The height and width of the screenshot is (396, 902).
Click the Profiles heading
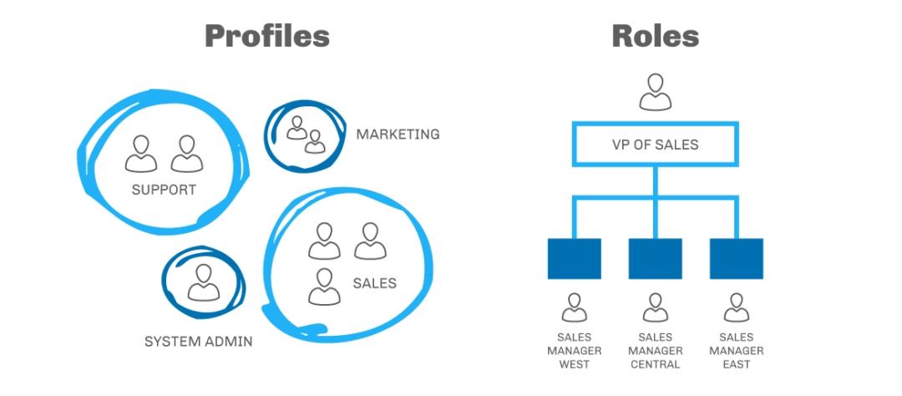point(267,36)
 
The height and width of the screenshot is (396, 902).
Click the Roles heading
point(655,36)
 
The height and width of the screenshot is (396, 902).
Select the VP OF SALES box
point(656,145)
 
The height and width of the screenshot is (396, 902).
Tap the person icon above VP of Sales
point(656,92)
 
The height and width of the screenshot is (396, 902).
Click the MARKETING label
point(398,134)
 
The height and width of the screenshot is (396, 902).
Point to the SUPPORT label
point(164,190)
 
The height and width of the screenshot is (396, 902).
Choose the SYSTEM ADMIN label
point(199,341)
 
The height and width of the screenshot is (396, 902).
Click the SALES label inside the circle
point(374,283)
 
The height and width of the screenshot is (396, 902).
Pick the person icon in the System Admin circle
point(203,282)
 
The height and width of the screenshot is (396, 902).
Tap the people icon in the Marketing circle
point(305,135)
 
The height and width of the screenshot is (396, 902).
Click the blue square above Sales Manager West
point(574,258)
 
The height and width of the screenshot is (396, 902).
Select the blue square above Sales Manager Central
point(655,258)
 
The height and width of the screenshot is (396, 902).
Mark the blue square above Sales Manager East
point(736,258)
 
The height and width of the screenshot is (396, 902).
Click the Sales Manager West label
point(574,351)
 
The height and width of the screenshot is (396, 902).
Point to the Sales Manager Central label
point(655,351)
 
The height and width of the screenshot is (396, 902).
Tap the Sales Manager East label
point(736,351)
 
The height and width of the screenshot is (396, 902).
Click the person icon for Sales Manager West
point(574,307)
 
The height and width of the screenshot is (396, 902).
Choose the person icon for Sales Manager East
point(736,307)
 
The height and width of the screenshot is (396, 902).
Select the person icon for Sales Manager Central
point(655,307)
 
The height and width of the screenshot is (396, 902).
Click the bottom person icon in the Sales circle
point(324,286)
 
